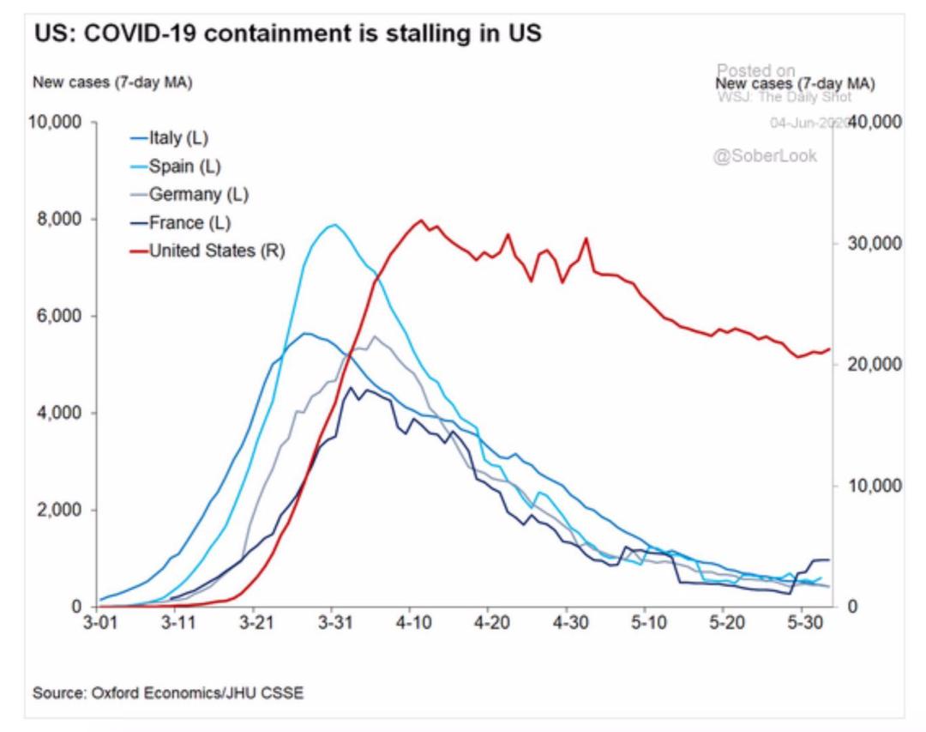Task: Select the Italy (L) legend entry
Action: pos(178,137)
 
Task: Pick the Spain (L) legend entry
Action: pos(183,166)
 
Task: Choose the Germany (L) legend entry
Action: pos(198,194)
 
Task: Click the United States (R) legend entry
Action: pos(217,251)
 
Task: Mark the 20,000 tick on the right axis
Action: pos(869,365)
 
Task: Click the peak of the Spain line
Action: pos(334,225)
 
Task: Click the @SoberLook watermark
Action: pos(766,155)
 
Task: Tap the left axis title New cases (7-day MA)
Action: pos(111,83)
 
